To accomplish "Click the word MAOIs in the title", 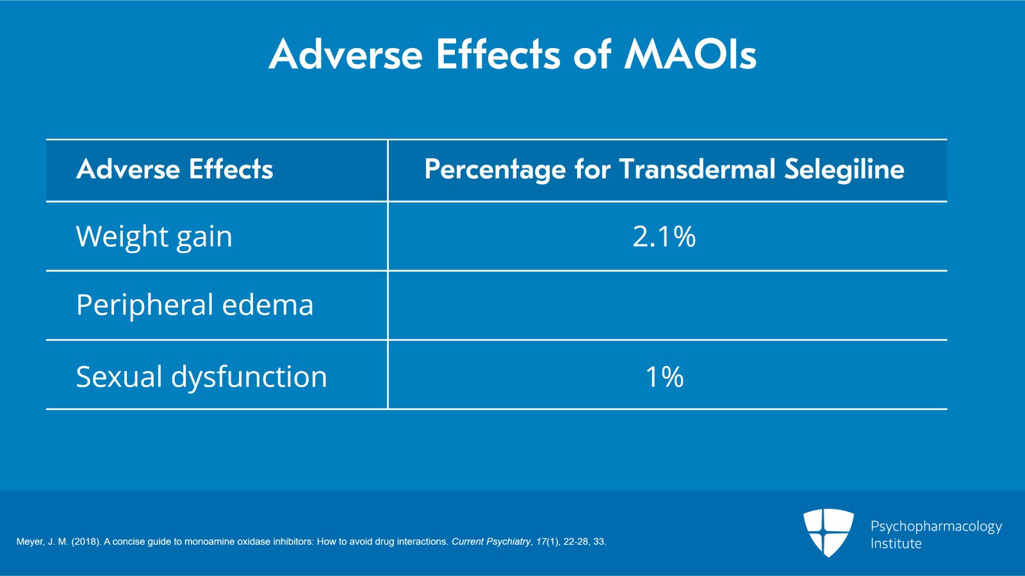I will point(691,54).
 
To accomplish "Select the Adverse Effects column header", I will point(174,170).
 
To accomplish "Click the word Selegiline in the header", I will point(844,170).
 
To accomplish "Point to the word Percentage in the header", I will point(495,170).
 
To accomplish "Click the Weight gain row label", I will point(154,237).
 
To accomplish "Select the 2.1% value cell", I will point(664,237).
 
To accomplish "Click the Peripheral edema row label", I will point(195,306).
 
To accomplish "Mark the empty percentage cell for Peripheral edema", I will point(666,306).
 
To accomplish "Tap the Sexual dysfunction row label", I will point(201,377).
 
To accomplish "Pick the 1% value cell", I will point(664,377).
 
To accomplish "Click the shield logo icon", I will point(828,532).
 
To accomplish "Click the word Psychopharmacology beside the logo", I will point(936,527).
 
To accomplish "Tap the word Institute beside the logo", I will point(896,544).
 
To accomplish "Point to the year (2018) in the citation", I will point(86,542).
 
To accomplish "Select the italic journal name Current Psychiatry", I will point(491,542).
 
